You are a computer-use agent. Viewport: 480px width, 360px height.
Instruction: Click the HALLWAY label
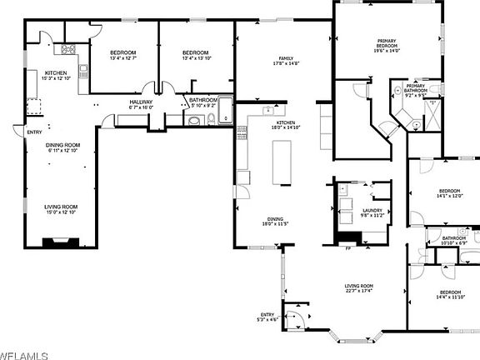(141, 102)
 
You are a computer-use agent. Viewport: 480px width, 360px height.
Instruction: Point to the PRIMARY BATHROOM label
(415, 88)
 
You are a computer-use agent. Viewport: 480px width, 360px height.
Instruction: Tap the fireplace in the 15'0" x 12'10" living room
(62, 242)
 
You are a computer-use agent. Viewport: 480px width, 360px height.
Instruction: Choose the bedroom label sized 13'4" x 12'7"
(123, 53)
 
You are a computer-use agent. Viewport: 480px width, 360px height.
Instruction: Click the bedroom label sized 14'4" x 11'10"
(450, 292)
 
